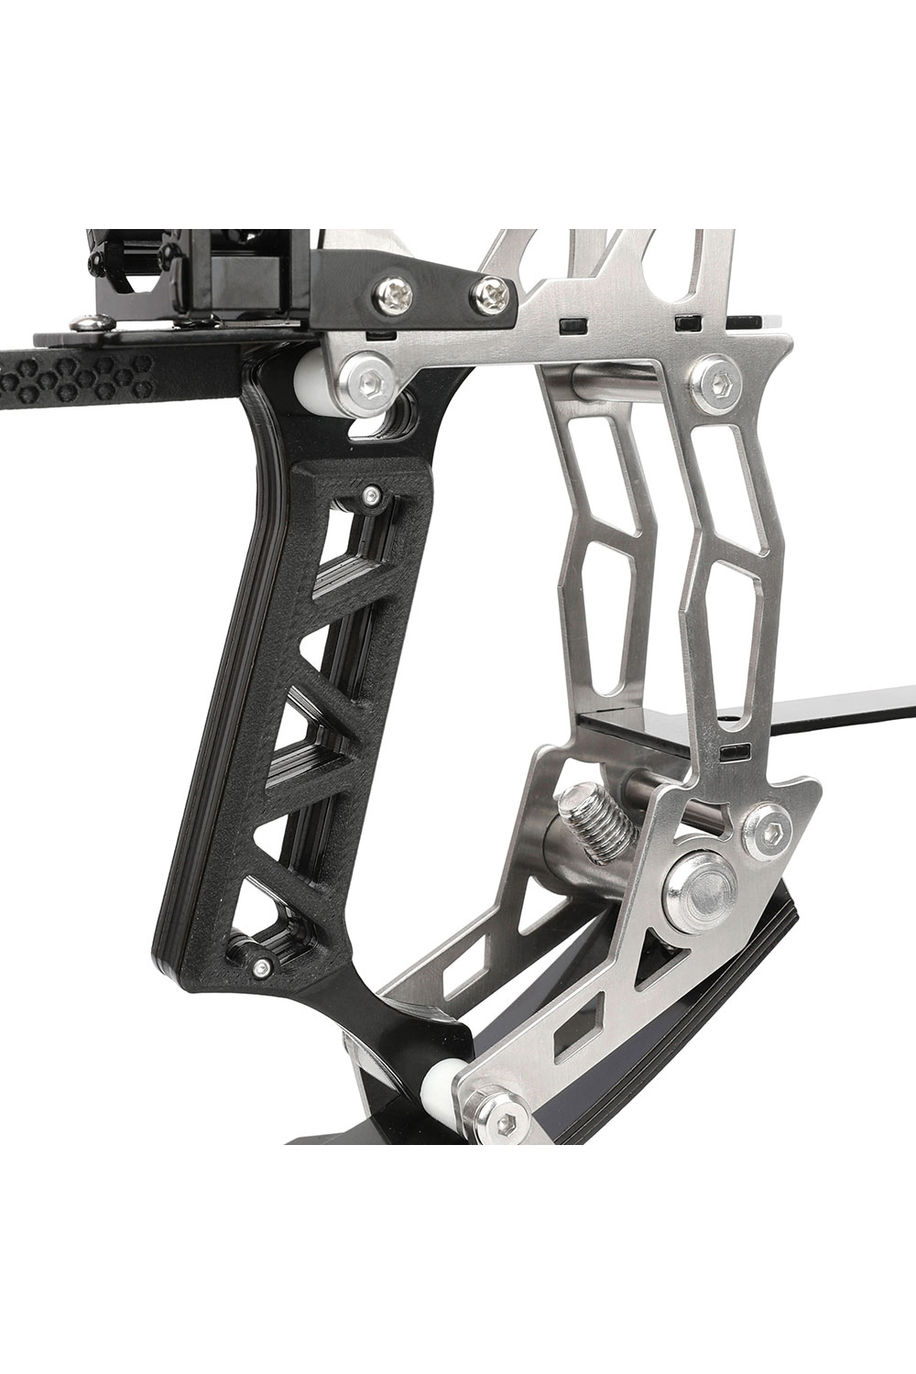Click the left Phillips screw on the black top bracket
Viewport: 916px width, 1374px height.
(x=394, y=293)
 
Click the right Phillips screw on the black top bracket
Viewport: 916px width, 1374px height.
(x=491, y=293)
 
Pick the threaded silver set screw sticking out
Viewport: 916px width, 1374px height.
(x=596, y=821)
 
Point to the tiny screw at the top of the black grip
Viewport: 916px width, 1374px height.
(x=369, y=496)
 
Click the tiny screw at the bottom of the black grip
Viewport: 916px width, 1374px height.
(x=262, y=967)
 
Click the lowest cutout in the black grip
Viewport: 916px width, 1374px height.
(x=275, y=916)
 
